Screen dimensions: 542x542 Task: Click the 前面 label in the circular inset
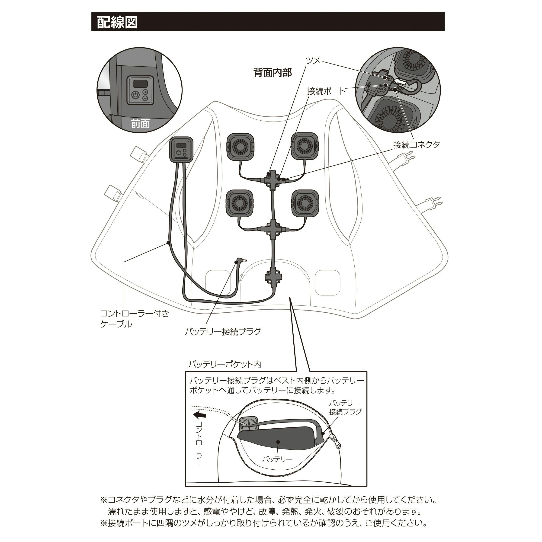140,124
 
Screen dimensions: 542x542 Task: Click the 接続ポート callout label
326,91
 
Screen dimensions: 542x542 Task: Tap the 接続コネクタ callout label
416,145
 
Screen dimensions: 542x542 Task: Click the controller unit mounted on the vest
181,150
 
